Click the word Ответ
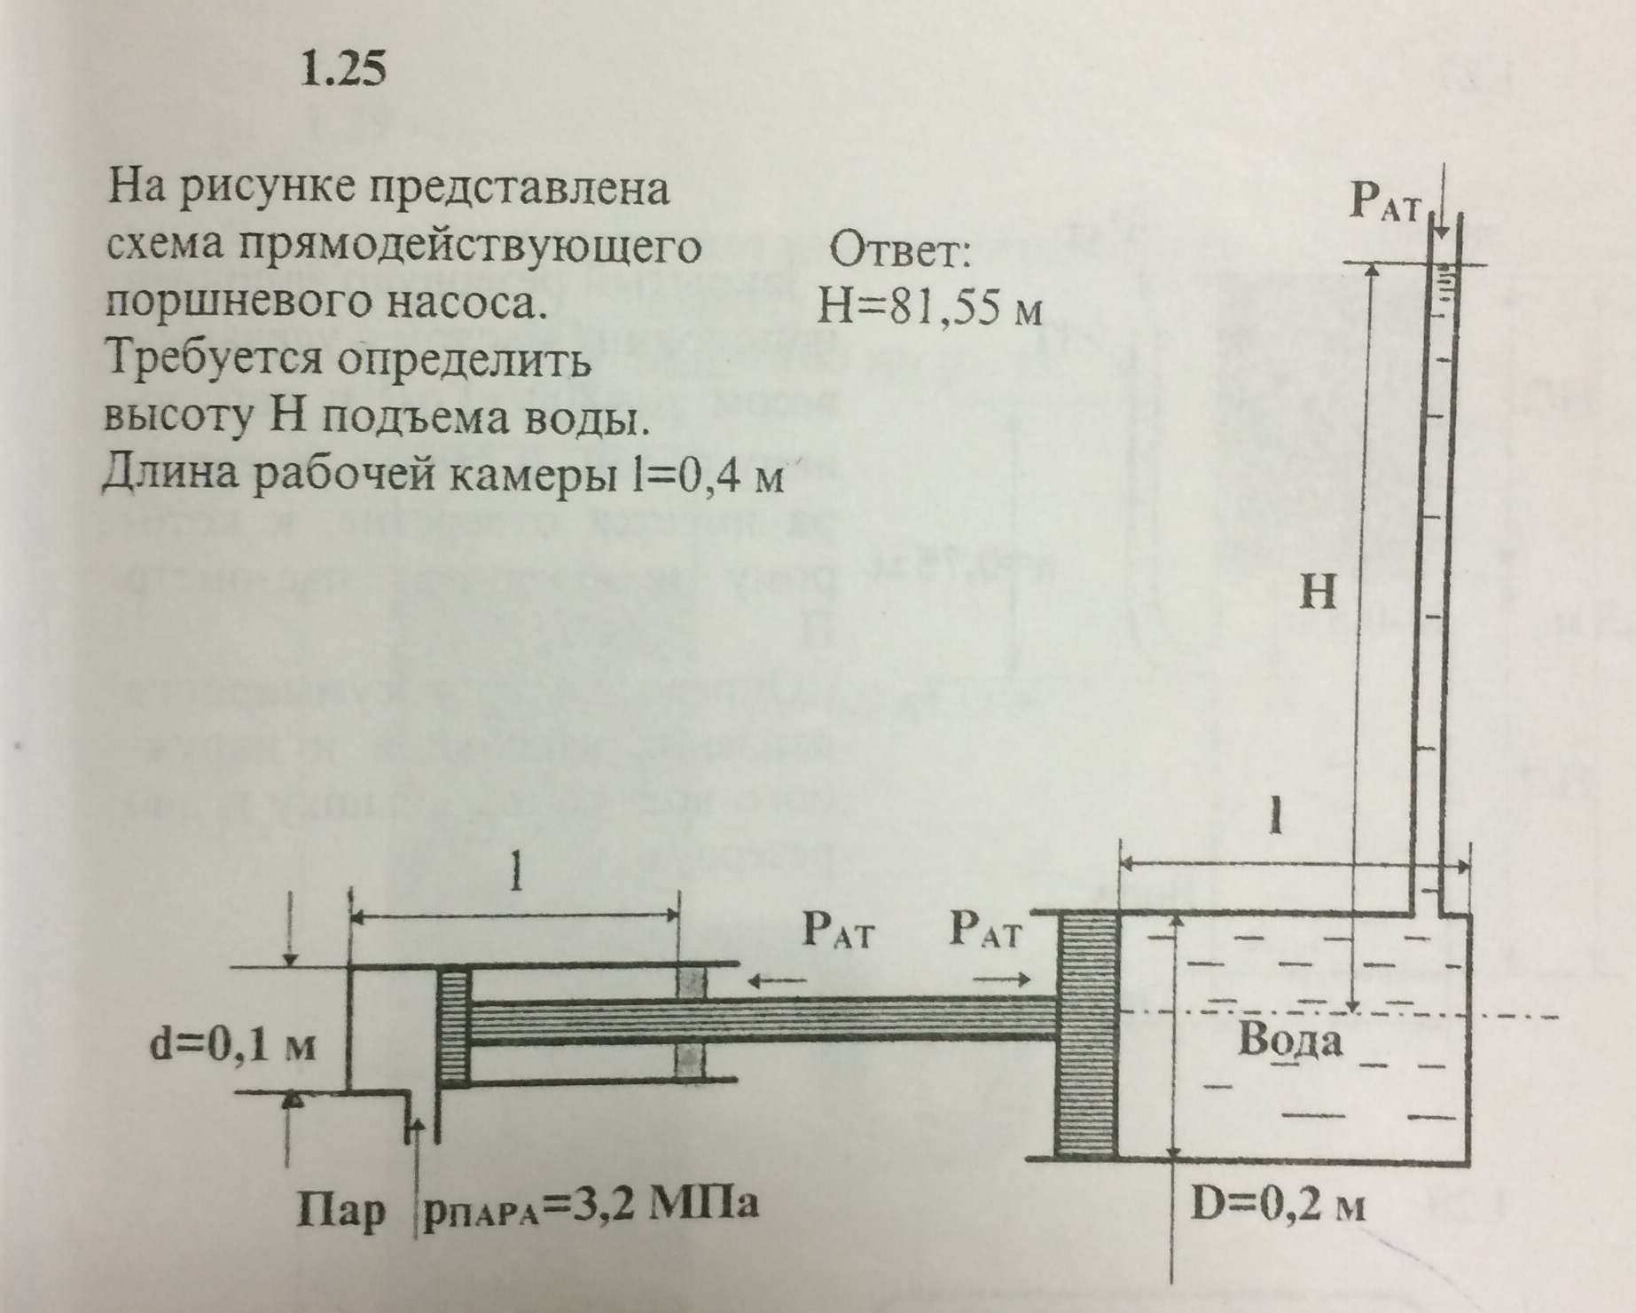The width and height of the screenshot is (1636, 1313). (x=900, y=254)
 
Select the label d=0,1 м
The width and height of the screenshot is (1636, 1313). (x=233, y=1047)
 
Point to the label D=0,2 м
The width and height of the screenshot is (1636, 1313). (x=1277, y=1206)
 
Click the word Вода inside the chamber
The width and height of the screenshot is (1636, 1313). (x=1289, y=1041)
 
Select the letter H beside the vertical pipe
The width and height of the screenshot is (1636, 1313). (x=1318, y=592)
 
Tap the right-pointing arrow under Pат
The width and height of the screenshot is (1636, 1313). (x=1002, y=980)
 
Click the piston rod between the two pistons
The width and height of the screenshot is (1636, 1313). (x=763, y=1020)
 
